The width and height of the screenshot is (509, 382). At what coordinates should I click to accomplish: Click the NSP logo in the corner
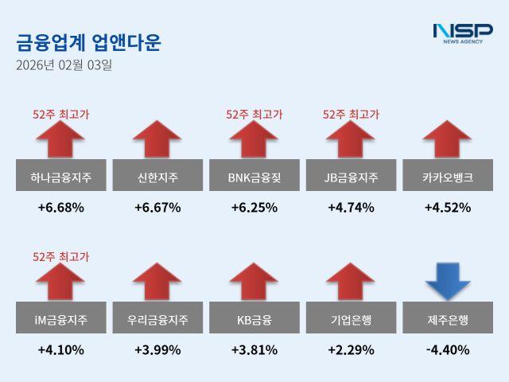pyautogui.click(x=462, y=33)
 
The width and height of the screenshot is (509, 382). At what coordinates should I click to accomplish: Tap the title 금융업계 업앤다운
pyautogui.click(x=87, y=41)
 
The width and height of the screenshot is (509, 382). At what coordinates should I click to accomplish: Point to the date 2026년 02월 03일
pyautogui.click(x=64, y=65)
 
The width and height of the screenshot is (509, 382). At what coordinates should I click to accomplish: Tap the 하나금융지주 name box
pyautogui.click(x=60, y=177)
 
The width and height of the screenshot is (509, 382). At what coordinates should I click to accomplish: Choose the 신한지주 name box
pyautogui.click(x=157, y=177)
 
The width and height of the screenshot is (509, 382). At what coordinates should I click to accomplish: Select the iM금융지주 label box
pyautogui.click(x=60, y=319)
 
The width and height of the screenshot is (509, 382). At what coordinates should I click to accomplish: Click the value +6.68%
pyautogui.click(x=60, y=208)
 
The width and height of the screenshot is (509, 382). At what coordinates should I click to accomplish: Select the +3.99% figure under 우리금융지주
pyautogui.click(x=157, y=349)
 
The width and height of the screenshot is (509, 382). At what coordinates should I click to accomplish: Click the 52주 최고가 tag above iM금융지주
pyautogui.click(x=60, y=256)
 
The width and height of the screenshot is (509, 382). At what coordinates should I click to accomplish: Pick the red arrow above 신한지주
pyautogui.click(x=157, y=139)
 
